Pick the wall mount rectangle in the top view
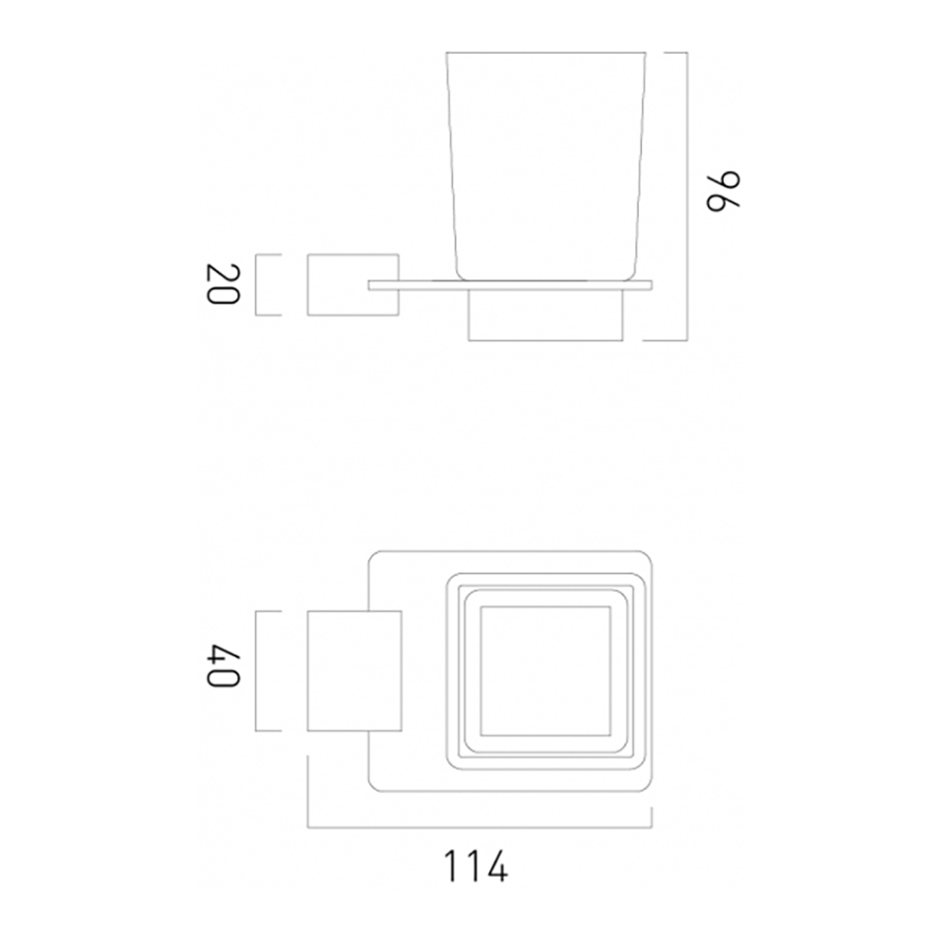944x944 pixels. point(355,671)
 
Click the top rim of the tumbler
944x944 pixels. point(548,52)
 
